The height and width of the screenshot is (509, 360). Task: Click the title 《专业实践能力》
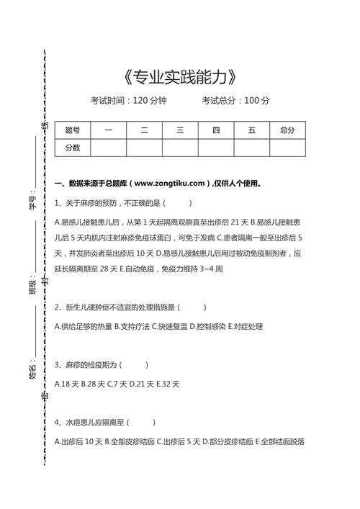180,76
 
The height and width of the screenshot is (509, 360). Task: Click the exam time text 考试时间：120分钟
128,101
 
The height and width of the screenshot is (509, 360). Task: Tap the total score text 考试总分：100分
235,101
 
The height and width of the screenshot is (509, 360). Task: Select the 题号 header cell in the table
72,130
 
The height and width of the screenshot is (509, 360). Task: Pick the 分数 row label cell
72,148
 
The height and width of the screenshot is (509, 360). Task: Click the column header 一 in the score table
108,130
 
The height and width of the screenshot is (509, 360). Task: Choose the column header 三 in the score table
180,130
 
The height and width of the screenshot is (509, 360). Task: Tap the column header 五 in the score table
252,130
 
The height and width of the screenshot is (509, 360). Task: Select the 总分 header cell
287,130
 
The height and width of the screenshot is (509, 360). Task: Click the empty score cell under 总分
287,148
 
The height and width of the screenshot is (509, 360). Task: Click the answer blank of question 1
179,203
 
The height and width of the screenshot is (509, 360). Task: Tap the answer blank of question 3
136,365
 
